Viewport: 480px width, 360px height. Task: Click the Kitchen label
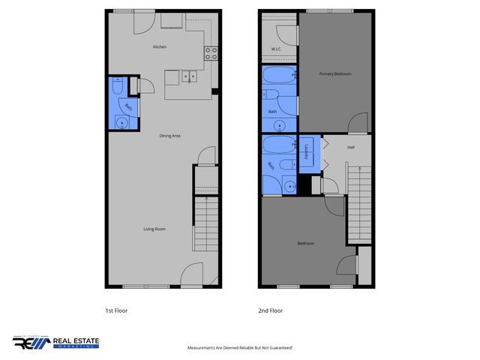pos(159,46)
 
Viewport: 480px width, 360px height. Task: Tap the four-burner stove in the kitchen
pos(211,52)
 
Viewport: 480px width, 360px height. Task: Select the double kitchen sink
pos(188,75)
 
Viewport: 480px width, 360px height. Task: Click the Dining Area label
pos(169,136)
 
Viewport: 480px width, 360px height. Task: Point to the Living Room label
pos(154,229)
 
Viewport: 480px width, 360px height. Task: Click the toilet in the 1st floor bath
pos(115,88)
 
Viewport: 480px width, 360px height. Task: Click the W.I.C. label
pos(275,50)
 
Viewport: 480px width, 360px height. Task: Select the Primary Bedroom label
pos(334,73)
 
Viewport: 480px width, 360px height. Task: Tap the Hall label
pos(350,147)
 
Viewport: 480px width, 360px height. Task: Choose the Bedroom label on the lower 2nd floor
pos(305,243)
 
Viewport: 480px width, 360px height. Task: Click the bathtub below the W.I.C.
pos(280,76)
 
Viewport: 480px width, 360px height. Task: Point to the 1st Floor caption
pos(116,310)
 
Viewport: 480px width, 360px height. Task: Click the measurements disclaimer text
pos(239,348)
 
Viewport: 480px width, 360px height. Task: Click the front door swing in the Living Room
pos(192,274)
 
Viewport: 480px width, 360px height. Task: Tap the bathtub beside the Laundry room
pos(279,145)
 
